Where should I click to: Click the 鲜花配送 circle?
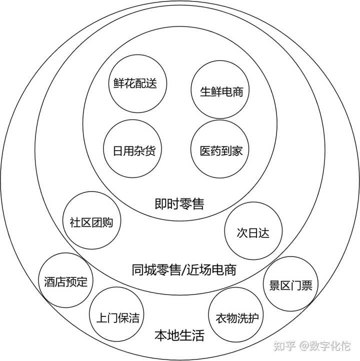coord(132,83)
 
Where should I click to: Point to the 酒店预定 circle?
coord(65,281)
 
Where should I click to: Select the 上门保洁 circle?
coord(117,317)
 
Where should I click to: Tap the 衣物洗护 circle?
coord(236,317)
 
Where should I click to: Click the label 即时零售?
coord(179,204)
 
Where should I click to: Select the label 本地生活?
coord(179,335)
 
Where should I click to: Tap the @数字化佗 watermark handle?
coord(325,346)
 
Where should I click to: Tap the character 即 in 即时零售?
coord(160,204)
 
